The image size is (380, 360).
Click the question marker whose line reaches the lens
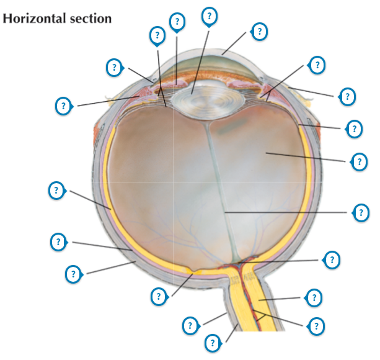(210, 15)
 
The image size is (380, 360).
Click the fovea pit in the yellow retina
(197, 271)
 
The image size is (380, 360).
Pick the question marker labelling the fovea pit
(159, 296)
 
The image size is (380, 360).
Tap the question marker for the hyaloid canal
(360, 212)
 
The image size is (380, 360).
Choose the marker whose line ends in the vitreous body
(358, 161)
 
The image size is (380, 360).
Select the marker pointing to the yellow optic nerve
(314, 297)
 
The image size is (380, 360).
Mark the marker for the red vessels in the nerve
(316, 325)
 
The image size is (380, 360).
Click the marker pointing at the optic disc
(332, 259)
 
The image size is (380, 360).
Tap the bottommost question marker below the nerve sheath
(213, 342)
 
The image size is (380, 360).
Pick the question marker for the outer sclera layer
(74, 272)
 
